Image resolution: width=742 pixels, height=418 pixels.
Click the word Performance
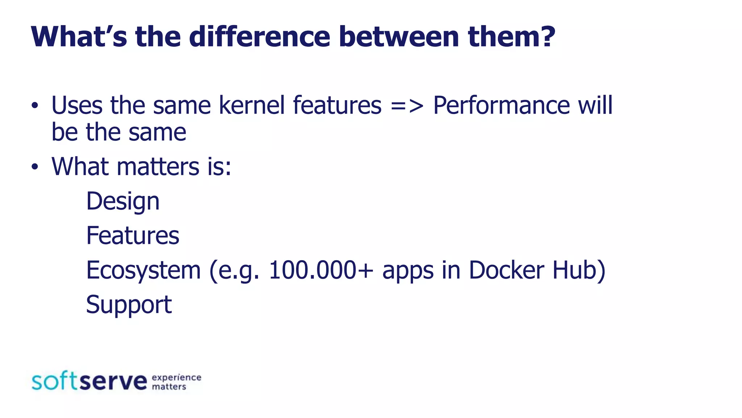tap(501, 105)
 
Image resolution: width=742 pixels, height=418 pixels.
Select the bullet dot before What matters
tap(34, 167)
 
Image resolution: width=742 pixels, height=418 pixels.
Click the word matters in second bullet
tap(158, 167)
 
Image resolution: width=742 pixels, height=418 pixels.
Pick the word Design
tap(122, 201)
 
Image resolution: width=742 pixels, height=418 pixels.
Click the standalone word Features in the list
tap(133, 235)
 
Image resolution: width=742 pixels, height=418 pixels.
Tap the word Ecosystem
tap(143, 270)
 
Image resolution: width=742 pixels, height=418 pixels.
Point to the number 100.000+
tap(321, 270)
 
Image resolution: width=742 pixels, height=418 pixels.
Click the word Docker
tap(506, 270)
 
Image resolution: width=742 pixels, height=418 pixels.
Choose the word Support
tap(129, 305)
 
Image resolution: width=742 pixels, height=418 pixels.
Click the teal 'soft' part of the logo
tap(54, 381)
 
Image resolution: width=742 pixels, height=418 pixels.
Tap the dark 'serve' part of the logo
tap(113, 381)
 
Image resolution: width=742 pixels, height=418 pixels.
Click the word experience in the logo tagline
tap(176, 377)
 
